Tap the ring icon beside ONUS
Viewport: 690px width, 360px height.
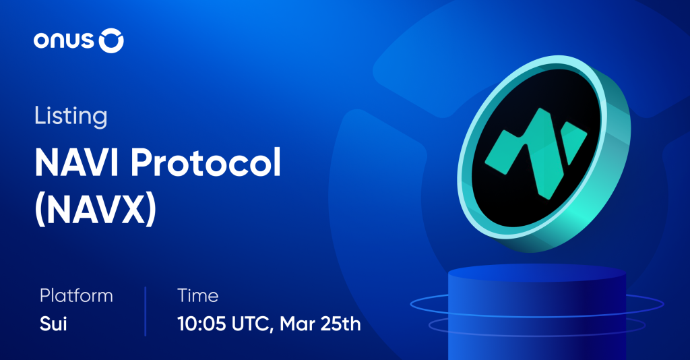click(111, 41)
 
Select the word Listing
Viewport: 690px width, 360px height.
click(70, 116)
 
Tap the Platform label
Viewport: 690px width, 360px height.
click(76, 296)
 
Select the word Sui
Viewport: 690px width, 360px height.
click(53, 324)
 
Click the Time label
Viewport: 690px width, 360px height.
click(197, 295)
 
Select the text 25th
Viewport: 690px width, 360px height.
click(342, 324)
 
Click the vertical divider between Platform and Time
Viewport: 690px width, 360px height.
click(145, 311)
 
